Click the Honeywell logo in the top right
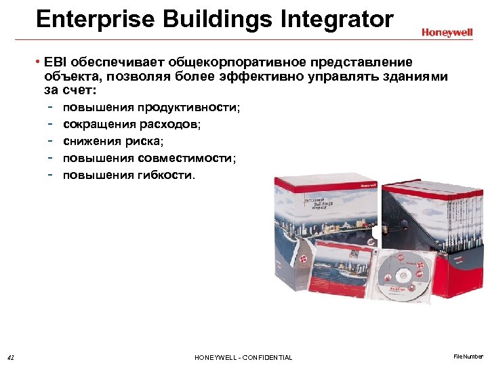pos(448,32)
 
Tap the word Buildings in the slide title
pos(215,19)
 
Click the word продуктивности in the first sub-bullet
pos(188,108)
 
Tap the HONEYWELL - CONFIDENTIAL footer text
pos(243,357)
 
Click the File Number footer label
pos(468,357)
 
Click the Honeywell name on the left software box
pos(367,184)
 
